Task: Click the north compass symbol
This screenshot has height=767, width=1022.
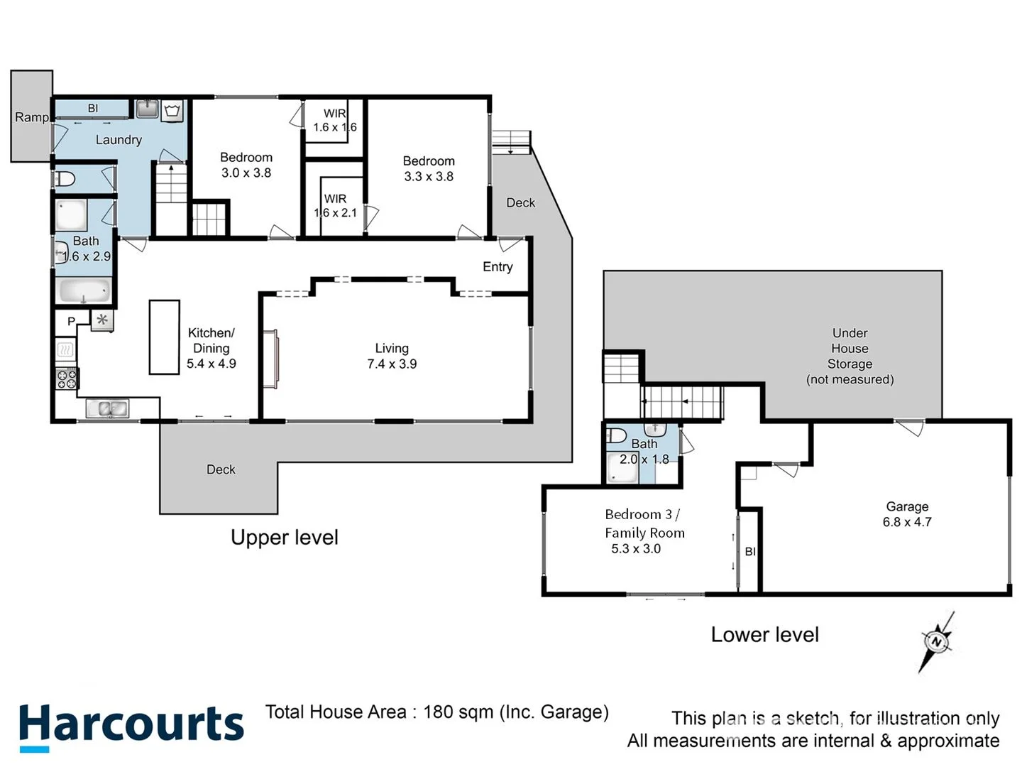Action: (x=937, y=642)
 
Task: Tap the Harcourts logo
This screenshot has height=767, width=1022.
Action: (x=131, y=726)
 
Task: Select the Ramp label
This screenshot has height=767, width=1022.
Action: (x=32, y=117)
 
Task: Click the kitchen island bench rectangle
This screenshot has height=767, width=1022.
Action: (x=164, y=337)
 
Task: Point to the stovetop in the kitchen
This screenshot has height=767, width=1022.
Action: (x=67, y=379)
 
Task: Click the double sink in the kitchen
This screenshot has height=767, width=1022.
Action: (x=107, y=408)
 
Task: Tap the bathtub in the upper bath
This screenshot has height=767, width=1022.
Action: (x=84, y=290)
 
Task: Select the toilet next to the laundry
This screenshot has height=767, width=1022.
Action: (x=66, y=178)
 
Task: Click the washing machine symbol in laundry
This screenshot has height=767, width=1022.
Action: (x=172, y=110)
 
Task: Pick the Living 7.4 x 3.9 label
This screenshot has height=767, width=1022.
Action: (x=392, y=356)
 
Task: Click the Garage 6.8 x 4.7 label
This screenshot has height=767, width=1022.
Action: (x=907, y=514)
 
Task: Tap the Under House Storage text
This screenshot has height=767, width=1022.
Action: (x=850, y=356)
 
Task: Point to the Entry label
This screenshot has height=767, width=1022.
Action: (x=498, y=266)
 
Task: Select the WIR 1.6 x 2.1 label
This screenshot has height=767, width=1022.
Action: (x=335, y=206)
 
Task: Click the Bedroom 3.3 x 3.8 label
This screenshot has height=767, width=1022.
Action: (x=429, y=169)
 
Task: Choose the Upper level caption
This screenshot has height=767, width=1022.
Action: (x=284, y=538)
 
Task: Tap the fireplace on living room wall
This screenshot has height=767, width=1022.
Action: (x=270, y=359)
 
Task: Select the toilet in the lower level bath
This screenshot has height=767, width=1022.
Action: (x=616, y=435)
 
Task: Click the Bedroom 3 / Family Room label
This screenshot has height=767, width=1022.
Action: (x=644, y=523)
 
